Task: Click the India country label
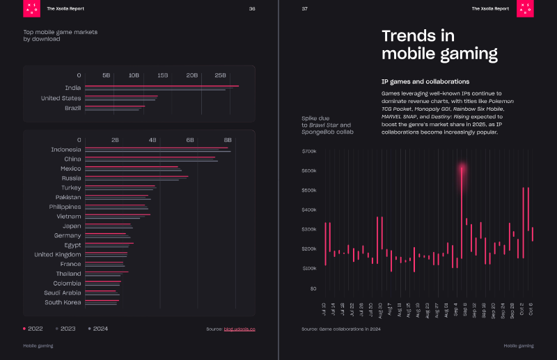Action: (x=72, y=88)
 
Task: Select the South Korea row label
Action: (x=63, y=302)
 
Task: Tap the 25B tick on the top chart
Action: (x=220, y=75)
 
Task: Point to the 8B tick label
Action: (x=227, y=140)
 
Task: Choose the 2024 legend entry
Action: (x=98, y=329)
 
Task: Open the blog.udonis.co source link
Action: (x=240, y=329)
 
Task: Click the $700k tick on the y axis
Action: (x=309, y=151)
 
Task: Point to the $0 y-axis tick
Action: (x=313, y=288)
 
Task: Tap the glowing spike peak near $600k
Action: (x=462, y=167)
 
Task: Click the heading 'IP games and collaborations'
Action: (x=425, y=81)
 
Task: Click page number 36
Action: (x=252, y=9)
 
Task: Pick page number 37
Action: (x=304, y=9)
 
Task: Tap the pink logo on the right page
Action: (x=526, y=8)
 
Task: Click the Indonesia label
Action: (x=66, y=150)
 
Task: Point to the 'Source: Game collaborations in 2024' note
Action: (x=340, y=329)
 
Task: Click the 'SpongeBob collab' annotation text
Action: (x=327, y=132)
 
